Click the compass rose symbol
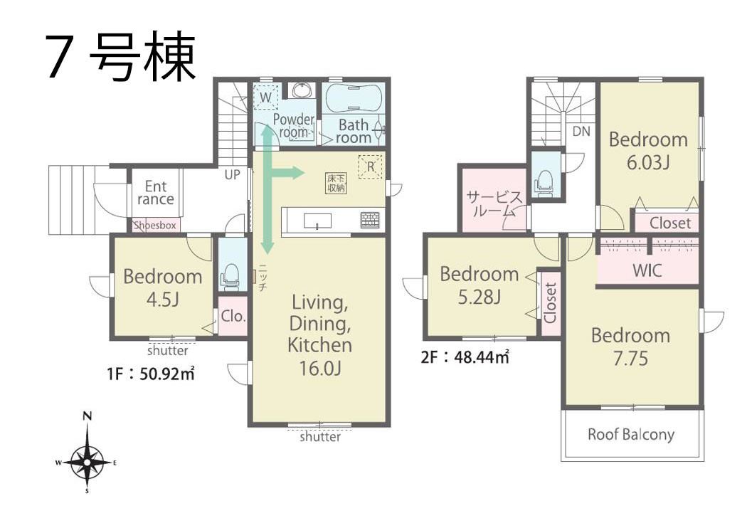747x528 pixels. click(x=88, y=461)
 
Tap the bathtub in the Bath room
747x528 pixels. click(x=353, y=99)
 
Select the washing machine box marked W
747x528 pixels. click(x=265, y=97)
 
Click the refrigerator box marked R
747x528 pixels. click(x=370, y=167)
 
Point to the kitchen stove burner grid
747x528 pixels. click(x=370, y=220)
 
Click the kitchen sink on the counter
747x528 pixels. click(x=317, y=221)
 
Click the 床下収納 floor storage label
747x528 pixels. click(x=337, y=183)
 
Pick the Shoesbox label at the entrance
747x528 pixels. click(x=155, y=226)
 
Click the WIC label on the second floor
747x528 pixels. click(x=647, y=270)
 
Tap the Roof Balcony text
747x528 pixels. click(x=631, y=435)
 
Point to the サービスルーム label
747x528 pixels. click(x=494, y=204)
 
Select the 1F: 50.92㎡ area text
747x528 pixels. click(x=151, y=373)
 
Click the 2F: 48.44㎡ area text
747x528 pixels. click(x=465, y=357)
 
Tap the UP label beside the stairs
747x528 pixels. click(x=232, y=175)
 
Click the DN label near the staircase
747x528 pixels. click(x=581, y=131)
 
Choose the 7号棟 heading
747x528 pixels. click(x=121, y=57)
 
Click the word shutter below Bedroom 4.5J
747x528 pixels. click(x=168, y=351)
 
